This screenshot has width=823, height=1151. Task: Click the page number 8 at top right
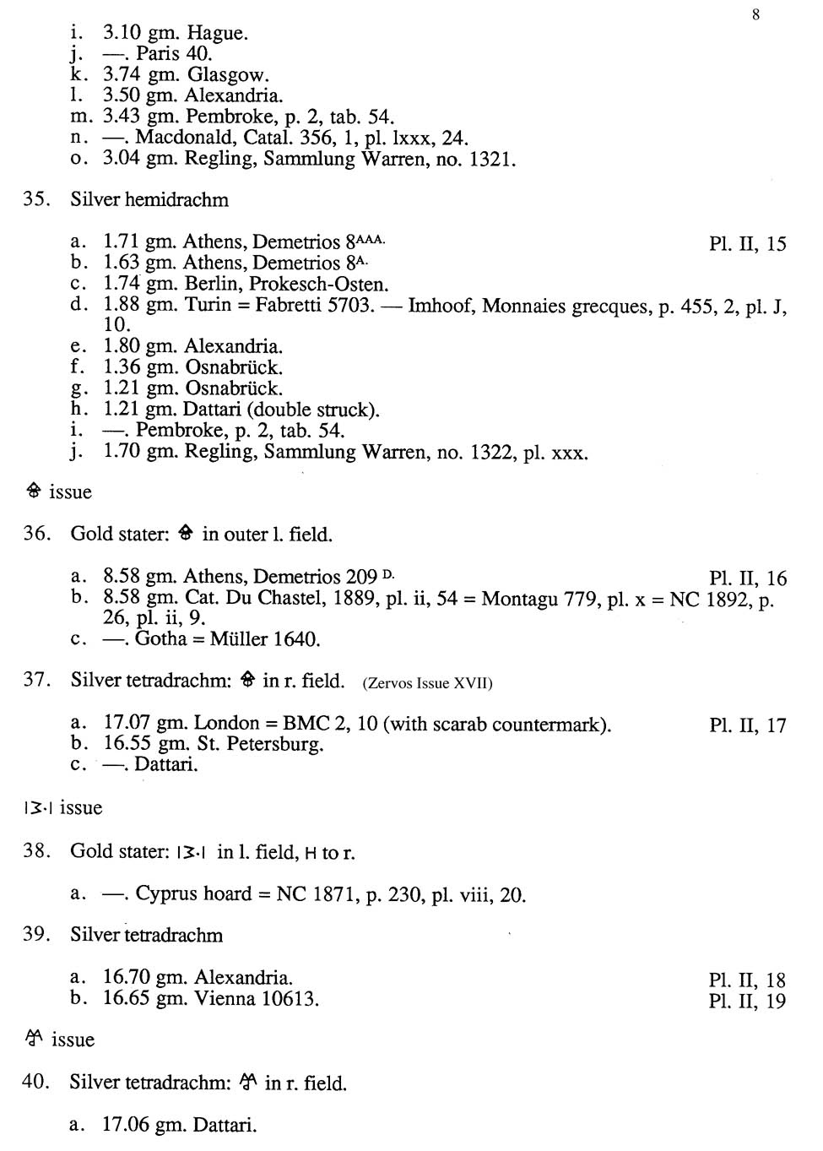click(x=755, y=14)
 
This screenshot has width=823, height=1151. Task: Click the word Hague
click(x=217, y=33)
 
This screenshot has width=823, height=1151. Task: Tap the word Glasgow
click(x=228, y=75)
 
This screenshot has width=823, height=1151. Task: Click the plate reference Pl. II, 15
click(x=747, y=244)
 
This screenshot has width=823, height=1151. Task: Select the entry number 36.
click(x=36, y=534)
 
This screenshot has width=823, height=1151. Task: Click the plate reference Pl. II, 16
click(x=747, y=578)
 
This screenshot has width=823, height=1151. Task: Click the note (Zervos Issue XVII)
click(x=427, y=683)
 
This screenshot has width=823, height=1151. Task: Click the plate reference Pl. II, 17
click(x=747, y=725)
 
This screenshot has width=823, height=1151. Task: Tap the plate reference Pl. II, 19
click(x=747, y=1002)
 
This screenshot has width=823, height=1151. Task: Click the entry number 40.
click(x=36, y=1082)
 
